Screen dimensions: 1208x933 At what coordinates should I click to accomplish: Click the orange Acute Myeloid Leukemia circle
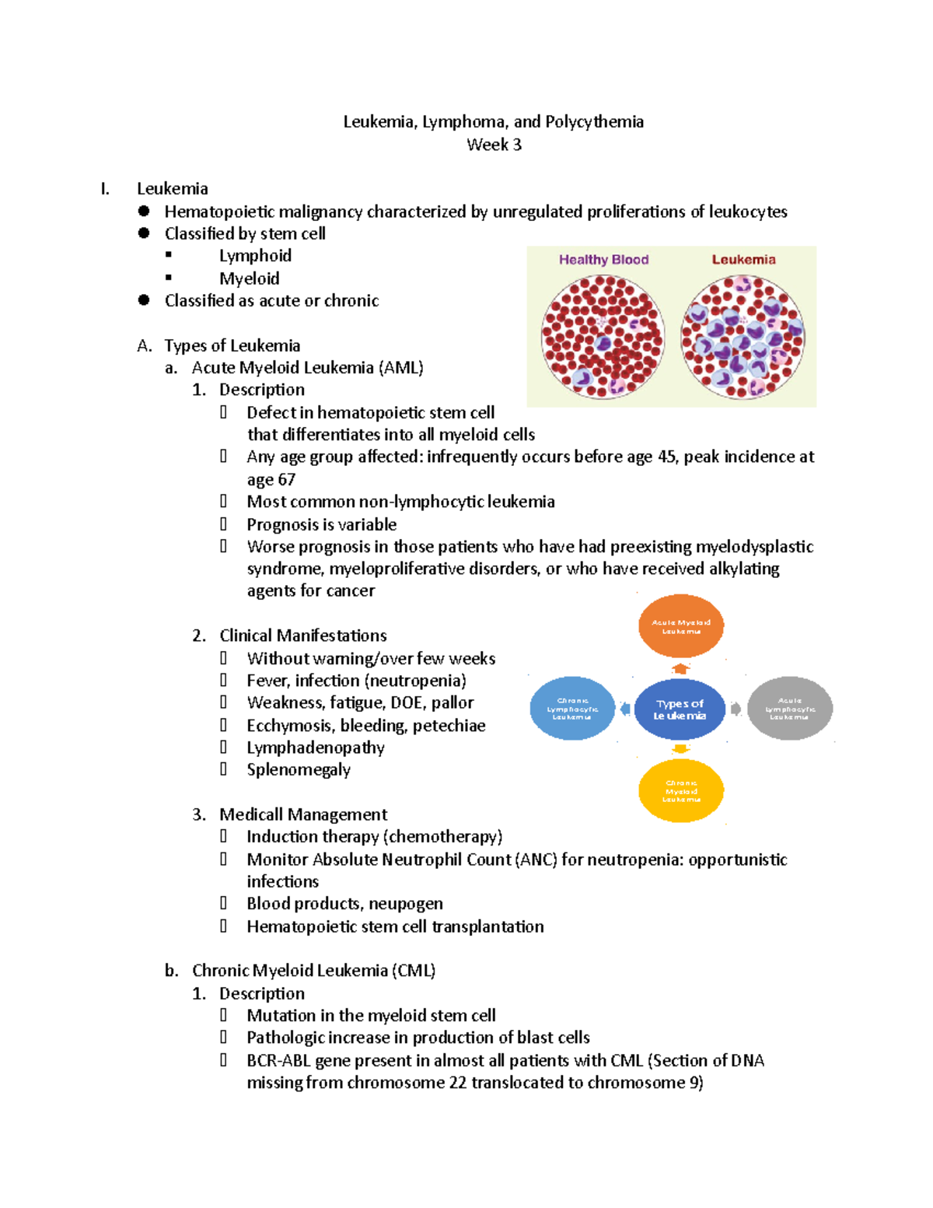(681, 626)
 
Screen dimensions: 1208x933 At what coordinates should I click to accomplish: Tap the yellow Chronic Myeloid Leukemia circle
(681, 791)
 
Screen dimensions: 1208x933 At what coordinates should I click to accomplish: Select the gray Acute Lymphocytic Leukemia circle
(790, 709)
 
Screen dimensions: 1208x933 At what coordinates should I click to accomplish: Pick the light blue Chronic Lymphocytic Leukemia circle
(572, 709)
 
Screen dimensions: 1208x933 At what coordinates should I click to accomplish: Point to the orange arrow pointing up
(681, 668)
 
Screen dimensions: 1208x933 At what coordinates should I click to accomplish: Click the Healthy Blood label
(603, 260)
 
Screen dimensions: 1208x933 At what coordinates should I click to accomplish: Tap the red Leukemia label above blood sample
(743, 260)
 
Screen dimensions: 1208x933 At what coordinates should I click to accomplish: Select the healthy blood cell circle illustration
(603, 336)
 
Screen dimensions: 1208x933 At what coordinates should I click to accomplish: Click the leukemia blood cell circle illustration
(743, 336)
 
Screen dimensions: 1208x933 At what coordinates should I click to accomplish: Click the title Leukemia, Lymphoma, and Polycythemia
(494, 122)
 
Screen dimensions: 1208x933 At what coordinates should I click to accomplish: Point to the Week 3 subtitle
(494, 145)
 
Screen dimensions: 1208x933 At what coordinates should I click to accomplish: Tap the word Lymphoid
(255, 256)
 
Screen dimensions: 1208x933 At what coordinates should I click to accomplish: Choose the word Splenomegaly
(299, 770)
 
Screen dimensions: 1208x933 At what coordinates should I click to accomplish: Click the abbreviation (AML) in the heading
(401, 368)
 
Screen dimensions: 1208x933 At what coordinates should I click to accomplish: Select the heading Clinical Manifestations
(302, 636)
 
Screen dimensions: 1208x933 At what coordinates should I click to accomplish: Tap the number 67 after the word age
(287, 480)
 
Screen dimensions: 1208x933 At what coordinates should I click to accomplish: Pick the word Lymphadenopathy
(316, 748)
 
